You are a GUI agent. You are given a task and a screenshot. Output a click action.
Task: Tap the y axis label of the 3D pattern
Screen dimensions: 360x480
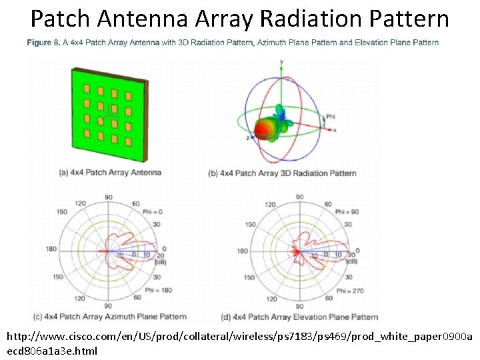click(281, 61)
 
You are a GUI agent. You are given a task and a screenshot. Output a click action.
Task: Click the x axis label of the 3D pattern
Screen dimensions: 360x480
click(335, 129)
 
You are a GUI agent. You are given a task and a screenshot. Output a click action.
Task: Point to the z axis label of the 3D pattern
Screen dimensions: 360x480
click(247, 138)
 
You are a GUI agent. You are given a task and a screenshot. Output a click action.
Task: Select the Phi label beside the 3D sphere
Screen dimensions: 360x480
click(331, 117)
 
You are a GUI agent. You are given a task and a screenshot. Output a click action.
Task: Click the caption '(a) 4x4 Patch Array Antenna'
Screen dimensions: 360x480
click(110, 173)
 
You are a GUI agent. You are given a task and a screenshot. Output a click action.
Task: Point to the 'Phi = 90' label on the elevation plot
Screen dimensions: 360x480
click(347, 211)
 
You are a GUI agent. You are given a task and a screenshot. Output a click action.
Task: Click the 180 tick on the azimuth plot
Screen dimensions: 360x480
click(49, 250)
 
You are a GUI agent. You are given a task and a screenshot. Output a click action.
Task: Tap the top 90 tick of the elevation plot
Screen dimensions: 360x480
click(299, 197)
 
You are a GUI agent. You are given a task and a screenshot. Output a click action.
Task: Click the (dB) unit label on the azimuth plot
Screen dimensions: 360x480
click(161, 262)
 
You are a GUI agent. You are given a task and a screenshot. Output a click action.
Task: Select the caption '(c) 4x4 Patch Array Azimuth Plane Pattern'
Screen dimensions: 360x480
click(123, 316)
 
